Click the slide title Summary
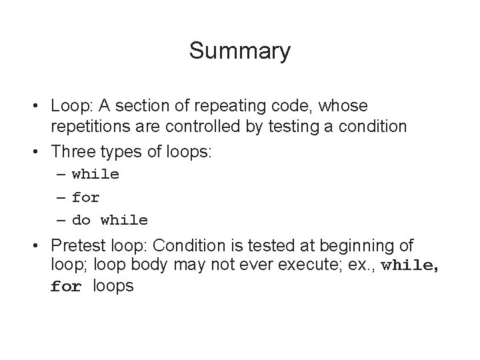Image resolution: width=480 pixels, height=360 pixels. coord(239,51)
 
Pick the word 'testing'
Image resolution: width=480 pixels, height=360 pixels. coord(293,127)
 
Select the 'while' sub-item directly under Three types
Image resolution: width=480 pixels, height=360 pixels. coord(95,175)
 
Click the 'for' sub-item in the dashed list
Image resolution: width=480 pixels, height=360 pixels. coord(86,197)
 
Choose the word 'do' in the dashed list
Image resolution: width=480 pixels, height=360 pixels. coord(81,220)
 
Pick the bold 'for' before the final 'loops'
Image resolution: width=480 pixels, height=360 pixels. coord(66,287)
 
